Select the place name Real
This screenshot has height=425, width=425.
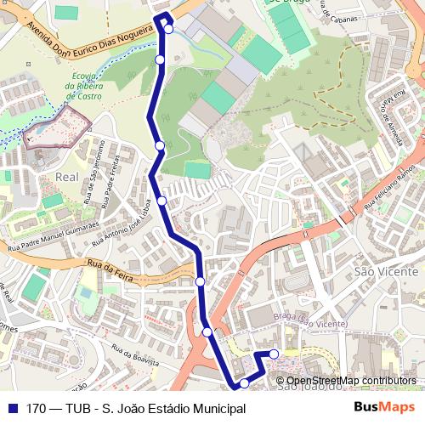click(66, 176)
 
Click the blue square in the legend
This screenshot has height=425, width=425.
click(12, 409)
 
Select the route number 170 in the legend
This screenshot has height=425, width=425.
click(36, 409)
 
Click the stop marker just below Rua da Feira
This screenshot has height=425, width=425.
click(200, 281)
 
